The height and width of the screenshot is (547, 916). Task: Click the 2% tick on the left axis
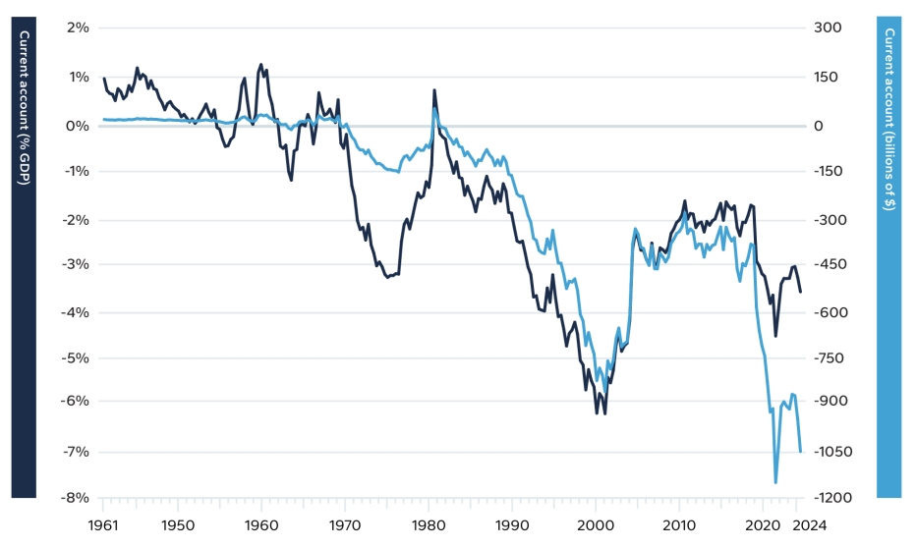click(x=78, y=27)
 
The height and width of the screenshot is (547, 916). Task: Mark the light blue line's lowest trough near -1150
click(x=775, y=482)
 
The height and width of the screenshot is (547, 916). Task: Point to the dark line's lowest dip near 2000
click(x=604, y=413)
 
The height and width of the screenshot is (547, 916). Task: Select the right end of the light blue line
click(x=801, y=452)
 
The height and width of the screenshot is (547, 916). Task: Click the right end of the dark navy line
click(x=800, y=292)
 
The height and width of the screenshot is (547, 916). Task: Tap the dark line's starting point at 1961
click(x=104, y=79)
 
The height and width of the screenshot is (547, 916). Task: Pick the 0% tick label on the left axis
click(x=78, y=126)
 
